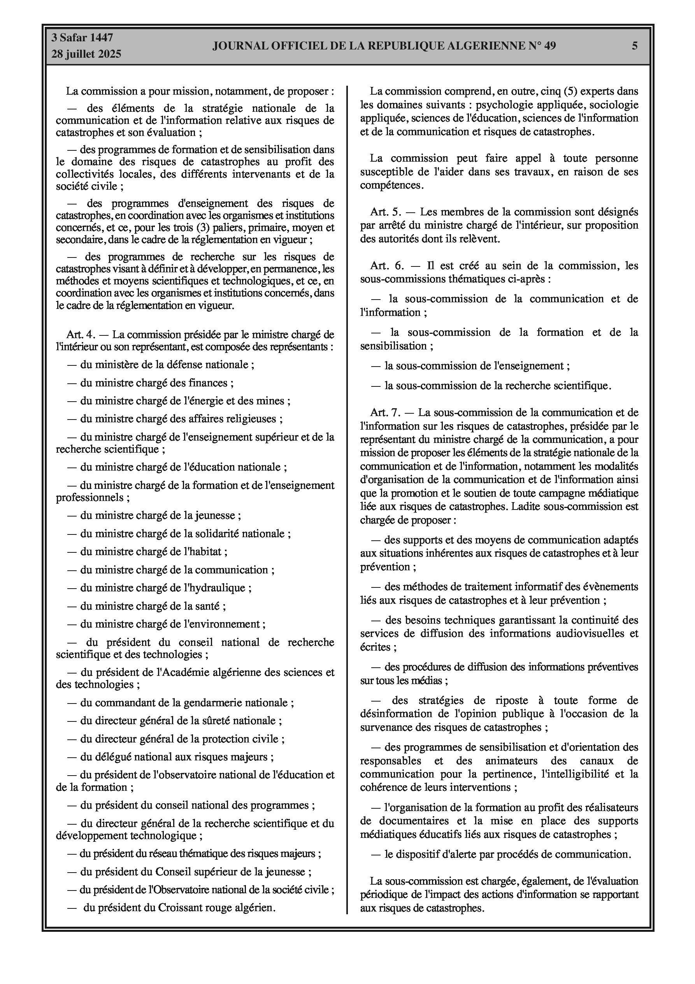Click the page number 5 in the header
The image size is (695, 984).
635,46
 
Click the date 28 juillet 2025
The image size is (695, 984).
86,54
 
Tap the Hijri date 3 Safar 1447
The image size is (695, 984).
82,38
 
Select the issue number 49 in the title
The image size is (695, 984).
550,46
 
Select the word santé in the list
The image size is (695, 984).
208,606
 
